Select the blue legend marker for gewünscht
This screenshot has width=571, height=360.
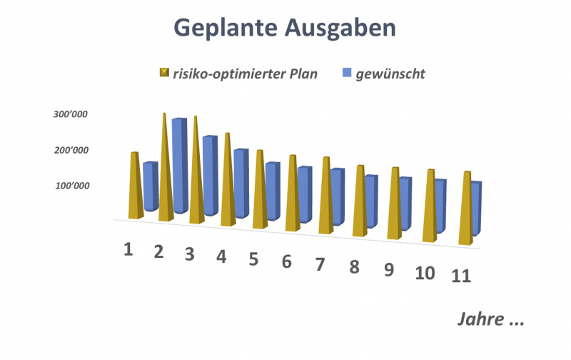348,73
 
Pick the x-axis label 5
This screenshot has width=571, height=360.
253,259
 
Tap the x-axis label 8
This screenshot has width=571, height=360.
355,266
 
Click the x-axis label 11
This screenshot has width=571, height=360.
461,276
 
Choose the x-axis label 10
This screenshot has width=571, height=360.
425,272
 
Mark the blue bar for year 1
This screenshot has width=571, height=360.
150,187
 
